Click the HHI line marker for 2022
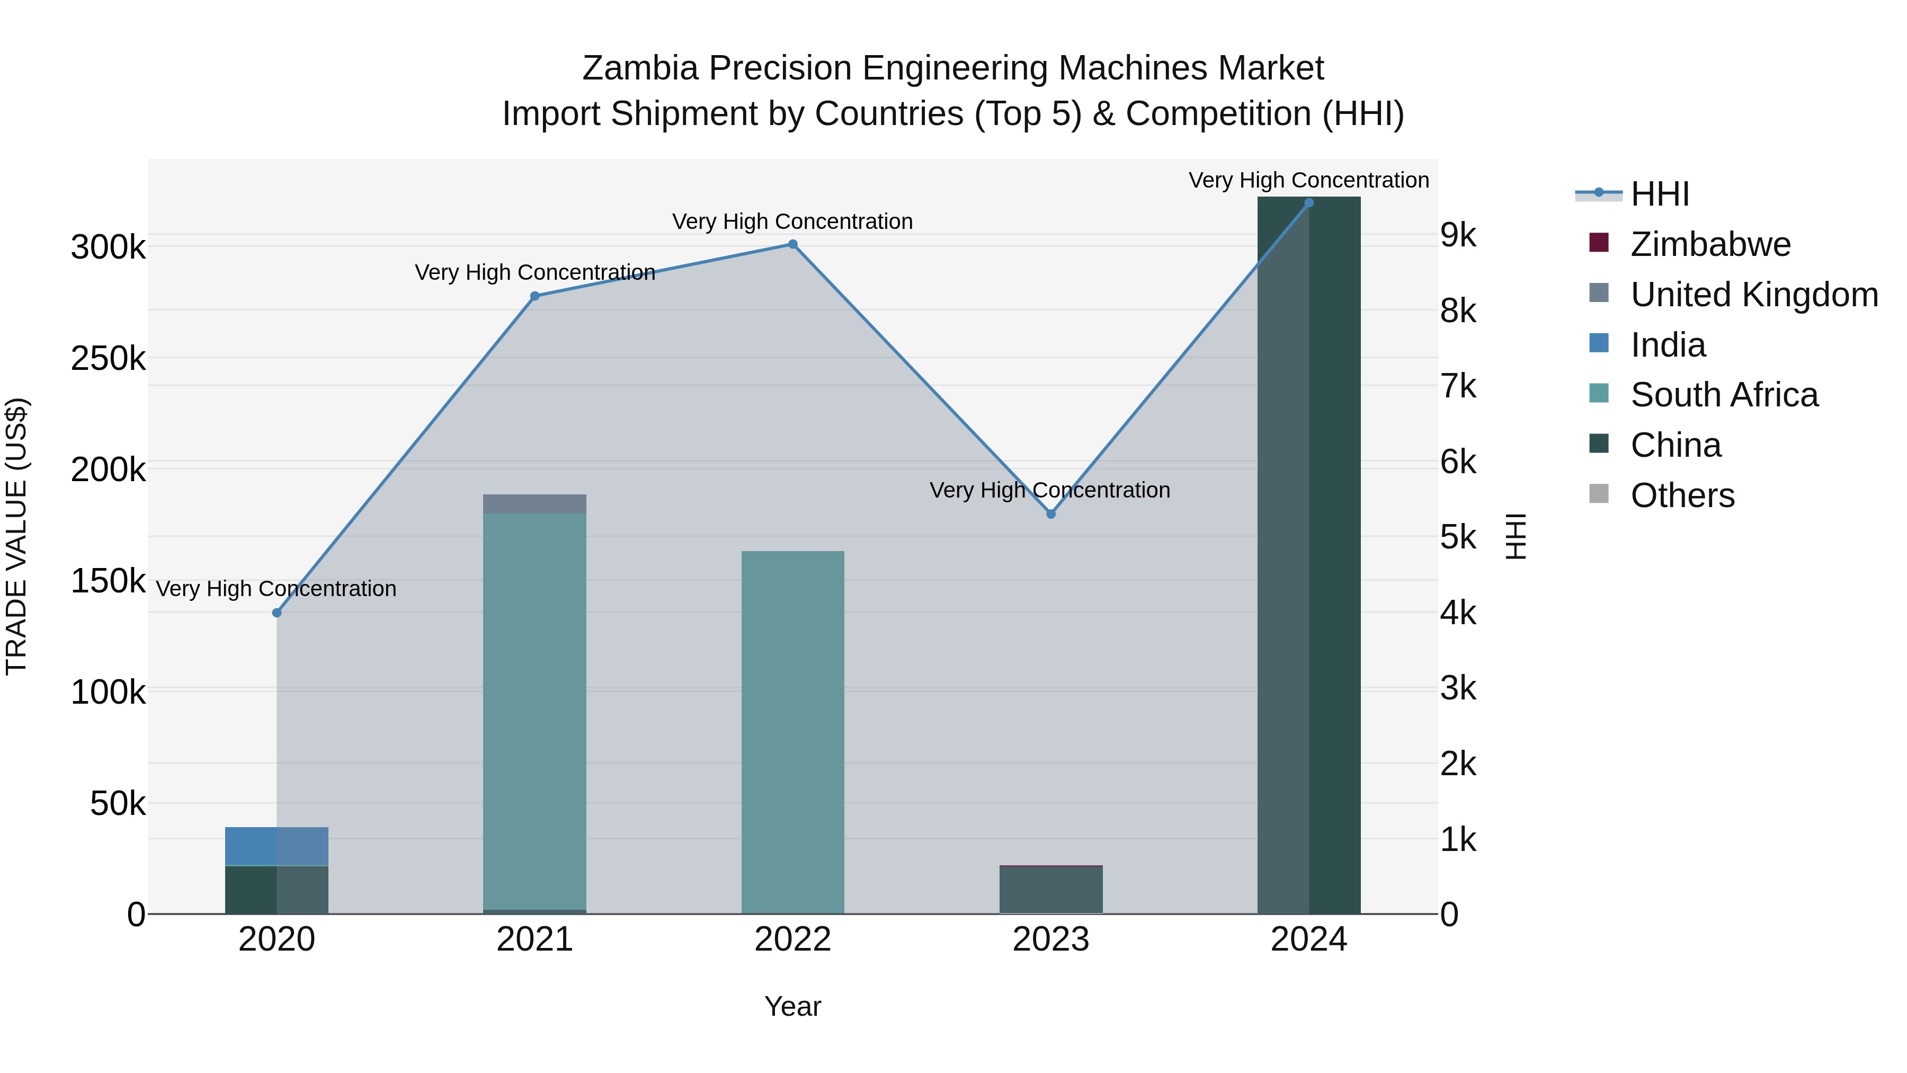792,244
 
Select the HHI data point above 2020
277,613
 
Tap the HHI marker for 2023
1050,514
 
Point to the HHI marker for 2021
534,296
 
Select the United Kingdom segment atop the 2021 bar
534,503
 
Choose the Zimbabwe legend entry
1710,244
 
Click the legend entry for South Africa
1723,395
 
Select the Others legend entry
1682,495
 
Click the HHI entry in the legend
1660,194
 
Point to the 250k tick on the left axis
108,358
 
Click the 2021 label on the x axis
534,939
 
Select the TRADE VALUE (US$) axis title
16,536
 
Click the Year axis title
792,1006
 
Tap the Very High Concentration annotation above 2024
1308,180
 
